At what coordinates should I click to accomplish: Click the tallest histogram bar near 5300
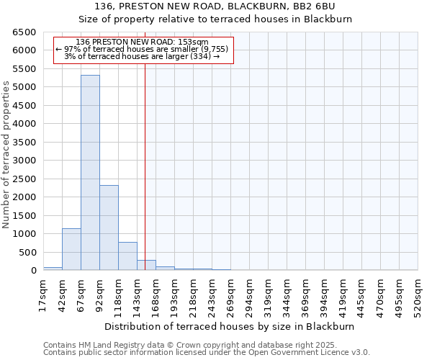90,173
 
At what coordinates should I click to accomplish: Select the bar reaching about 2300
109,228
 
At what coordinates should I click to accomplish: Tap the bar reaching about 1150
71,249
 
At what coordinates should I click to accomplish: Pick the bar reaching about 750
127,256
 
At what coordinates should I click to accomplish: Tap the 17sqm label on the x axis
44,295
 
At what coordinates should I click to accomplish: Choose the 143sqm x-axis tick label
138,295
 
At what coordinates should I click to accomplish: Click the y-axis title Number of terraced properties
6,155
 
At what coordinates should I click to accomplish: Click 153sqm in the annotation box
194,42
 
